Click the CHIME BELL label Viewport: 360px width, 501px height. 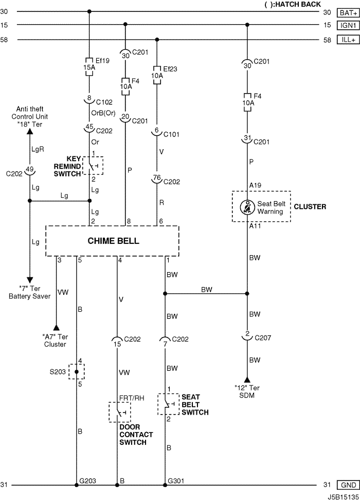[113, 241]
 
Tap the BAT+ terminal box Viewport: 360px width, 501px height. [348, 13]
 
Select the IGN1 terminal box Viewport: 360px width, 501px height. [348, 25]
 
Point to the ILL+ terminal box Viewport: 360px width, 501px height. [348, 40]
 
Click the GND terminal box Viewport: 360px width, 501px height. [348, 485]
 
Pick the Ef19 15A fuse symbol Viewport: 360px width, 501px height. [89, 67]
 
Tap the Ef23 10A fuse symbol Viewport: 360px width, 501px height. [157, 76]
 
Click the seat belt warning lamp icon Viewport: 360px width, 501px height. [247, 207]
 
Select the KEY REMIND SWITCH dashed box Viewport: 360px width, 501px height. [93, 166]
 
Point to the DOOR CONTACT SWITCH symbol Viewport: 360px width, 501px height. [119, 412]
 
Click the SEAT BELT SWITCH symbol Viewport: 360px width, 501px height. [168, 404]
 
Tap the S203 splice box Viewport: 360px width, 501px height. [77, 371]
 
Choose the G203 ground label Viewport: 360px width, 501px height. [87, 481]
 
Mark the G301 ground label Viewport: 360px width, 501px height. [176, 481]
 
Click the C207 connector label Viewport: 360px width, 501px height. [263, 338]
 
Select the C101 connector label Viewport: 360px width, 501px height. [171, 135]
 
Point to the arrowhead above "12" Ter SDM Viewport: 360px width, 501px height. [247, 380]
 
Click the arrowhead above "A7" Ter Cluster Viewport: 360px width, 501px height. [56, 328]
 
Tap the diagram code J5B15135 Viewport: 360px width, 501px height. [343, 497]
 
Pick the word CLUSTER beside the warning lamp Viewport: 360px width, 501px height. [310, 207]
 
